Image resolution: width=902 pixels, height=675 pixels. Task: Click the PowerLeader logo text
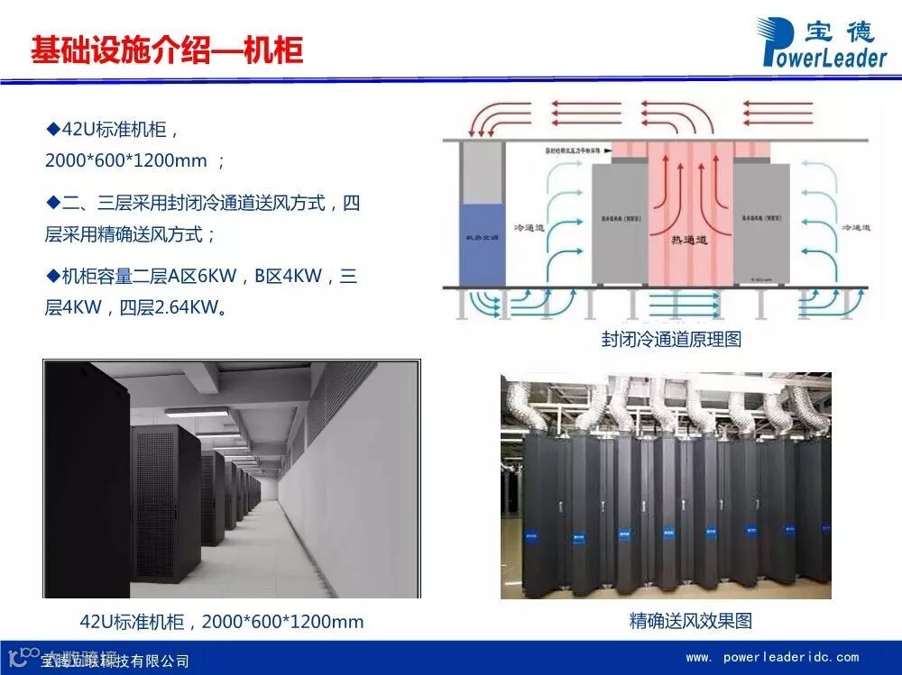pyautogui.click(x=824, y=57)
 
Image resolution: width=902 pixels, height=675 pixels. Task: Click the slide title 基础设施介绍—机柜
pyautogui.click(x=167, y=50)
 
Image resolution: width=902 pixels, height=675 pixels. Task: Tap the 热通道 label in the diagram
pyautogui.click(x=689, y=239)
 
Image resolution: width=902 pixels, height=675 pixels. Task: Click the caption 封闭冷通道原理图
pyautogui.click(x=671, y=340)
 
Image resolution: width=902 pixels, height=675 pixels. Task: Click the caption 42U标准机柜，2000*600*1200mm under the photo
pyautogui.click(x=222, y=622)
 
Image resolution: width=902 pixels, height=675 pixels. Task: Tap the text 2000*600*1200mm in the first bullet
pyautogui.click(x=126, y=160)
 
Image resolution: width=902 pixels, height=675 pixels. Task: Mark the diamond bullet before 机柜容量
pyautogui.click(x=51, y=275)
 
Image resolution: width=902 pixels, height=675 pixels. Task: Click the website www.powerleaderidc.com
pyautogui.click(x=772, y=657)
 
